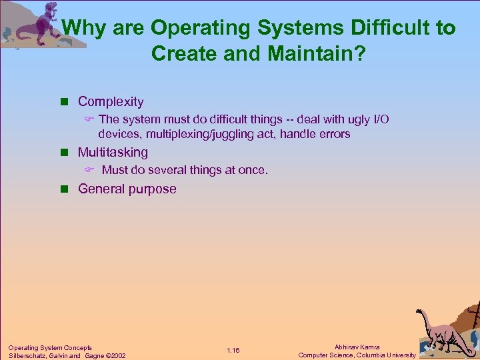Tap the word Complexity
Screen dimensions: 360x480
coord(111,101)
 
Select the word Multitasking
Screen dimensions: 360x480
coord(113,152)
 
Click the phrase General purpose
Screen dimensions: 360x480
coord(127,189)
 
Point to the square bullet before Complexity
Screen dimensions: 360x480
coord(65,102)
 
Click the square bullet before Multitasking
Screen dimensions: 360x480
coord(65,153)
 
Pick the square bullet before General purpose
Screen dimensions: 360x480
coord(65,189)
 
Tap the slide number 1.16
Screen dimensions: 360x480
coord(233,351)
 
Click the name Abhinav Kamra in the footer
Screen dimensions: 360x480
coord(357,347)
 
